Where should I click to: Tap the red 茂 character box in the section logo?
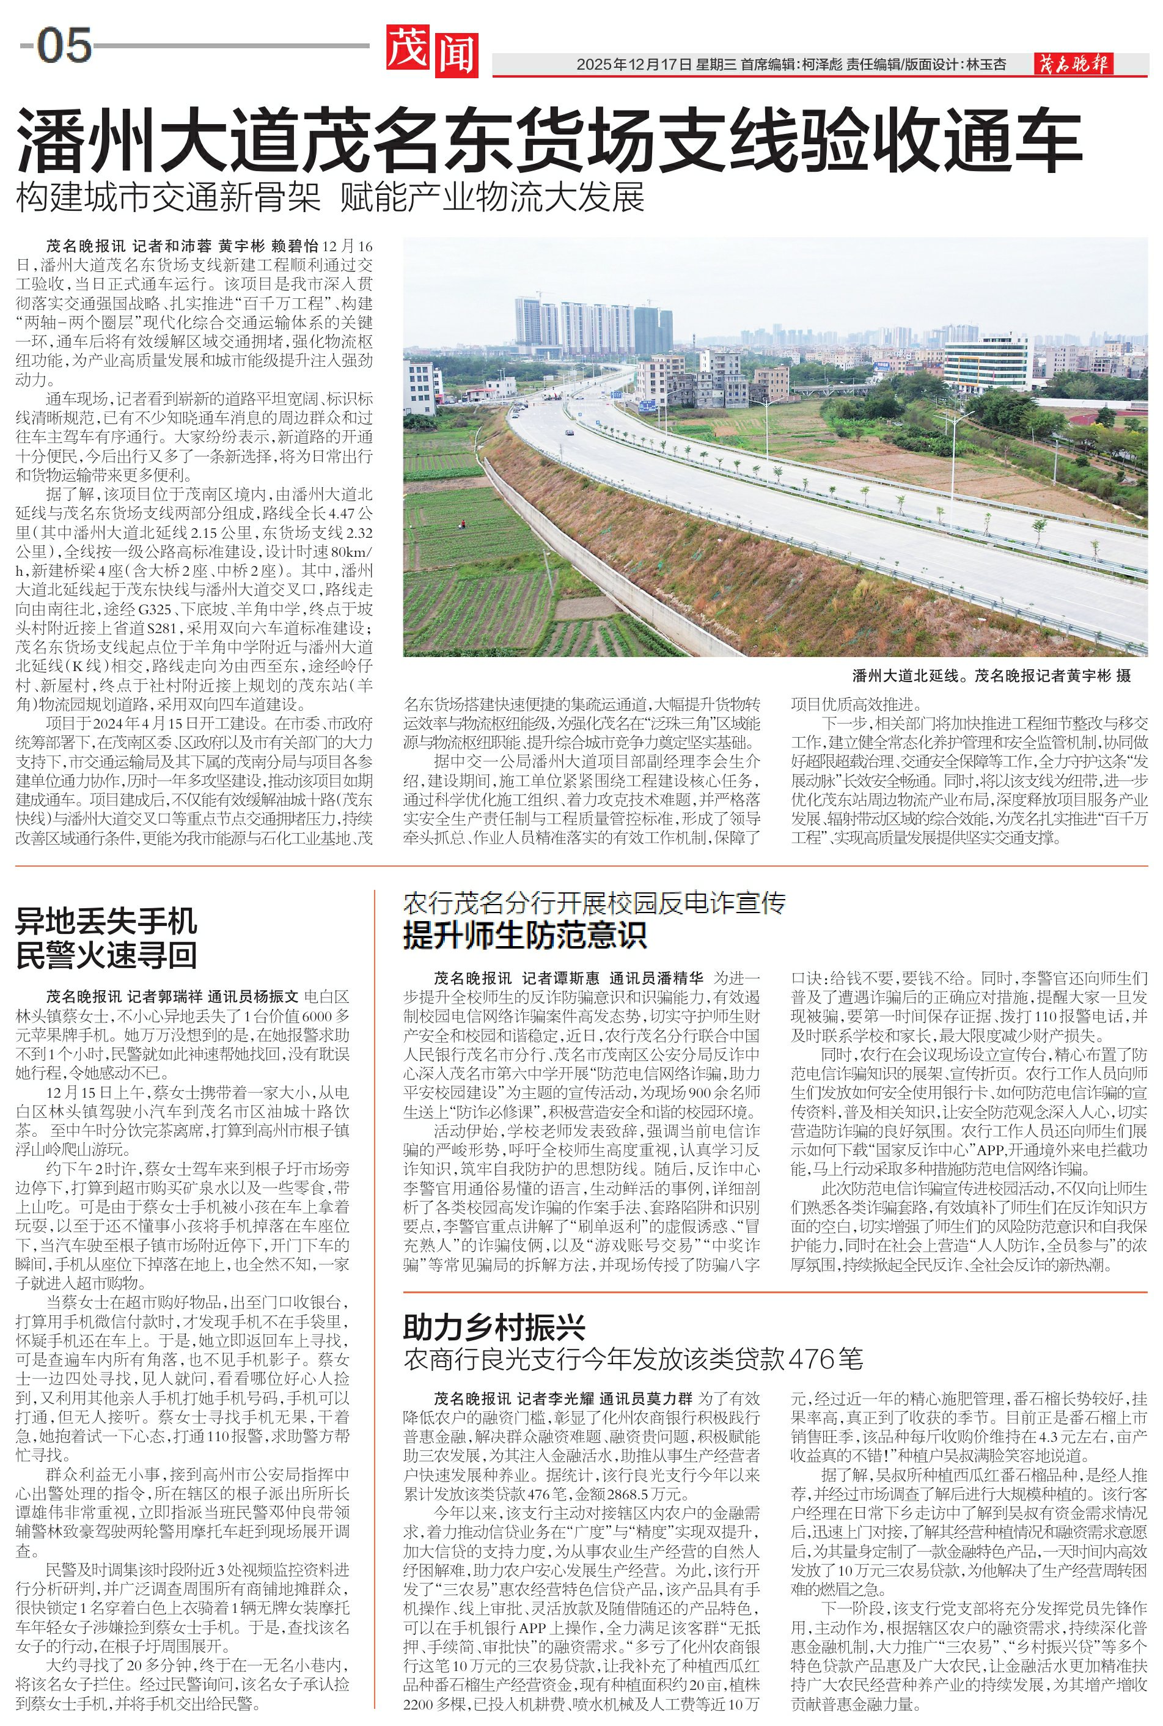pos(407,48)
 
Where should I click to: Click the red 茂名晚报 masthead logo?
pos(1073,65)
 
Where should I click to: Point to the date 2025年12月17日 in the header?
pos(634,65)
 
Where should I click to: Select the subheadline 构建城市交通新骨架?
pos(169,198)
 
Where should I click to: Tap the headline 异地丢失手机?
pos(107,921)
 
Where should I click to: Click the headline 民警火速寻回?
pos(107,955)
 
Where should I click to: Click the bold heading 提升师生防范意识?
pos(525,935)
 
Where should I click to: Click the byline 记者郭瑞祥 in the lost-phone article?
pos(164,996)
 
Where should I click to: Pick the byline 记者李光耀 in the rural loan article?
pos(556,1399)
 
